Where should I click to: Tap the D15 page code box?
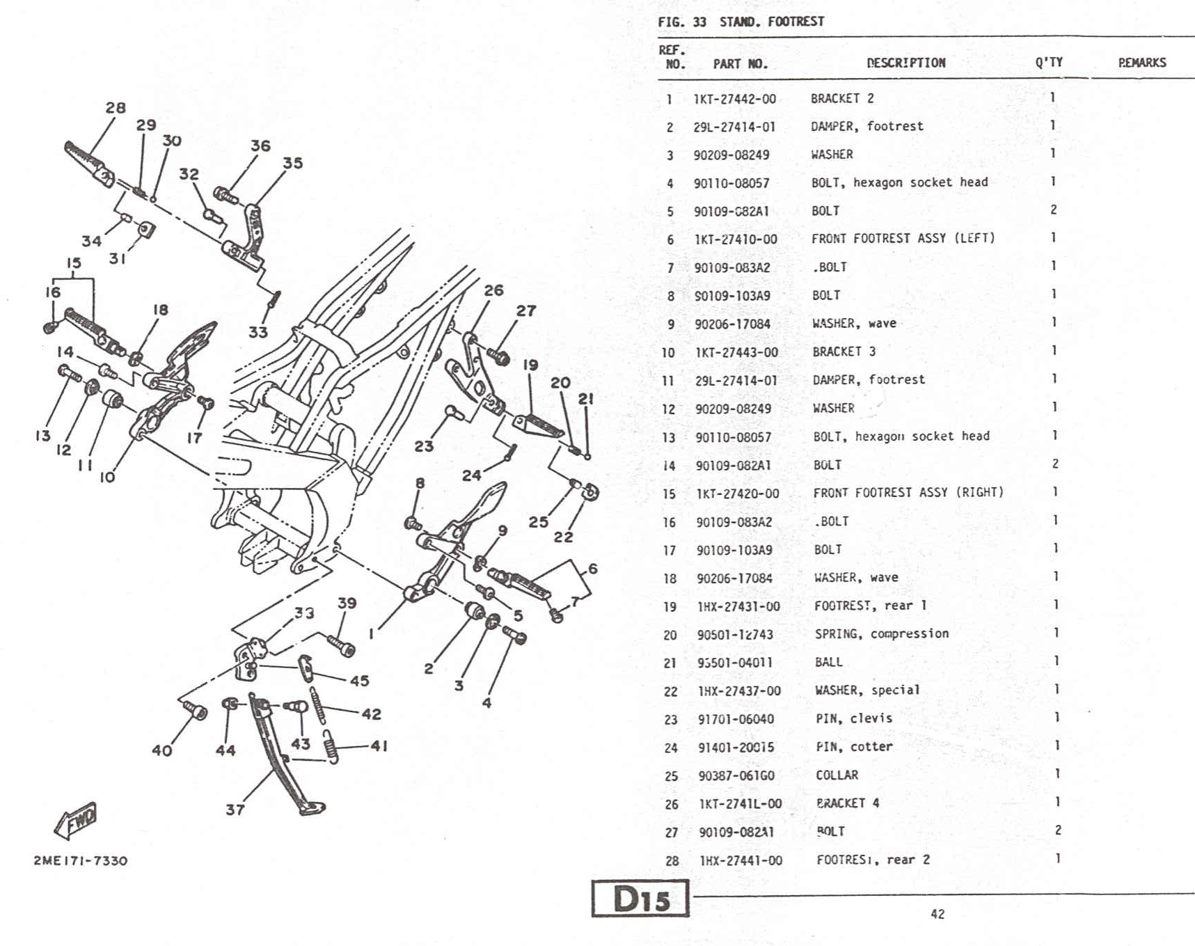(640, 899)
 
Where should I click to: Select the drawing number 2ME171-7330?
(81, 860)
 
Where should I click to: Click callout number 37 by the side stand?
(235, 810)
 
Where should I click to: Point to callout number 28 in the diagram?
(116, 108)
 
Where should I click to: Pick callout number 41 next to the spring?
(379, 746)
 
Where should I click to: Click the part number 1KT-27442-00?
(734, 99)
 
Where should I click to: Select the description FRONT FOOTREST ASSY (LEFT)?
(903, 238)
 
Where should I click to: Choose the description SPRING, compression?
(881, 633)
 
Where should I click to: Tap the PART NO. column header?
(740, 64)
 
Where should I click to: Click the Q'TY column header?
(1048, 62)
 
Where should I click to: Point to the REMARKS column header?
(1141, 63)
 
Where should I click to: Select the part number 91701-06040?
(736, 719)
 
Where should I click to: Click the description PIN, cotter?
(853, 746)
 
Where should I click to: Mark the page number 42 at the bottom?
(937, 914)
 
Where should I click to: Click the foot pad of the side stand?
(311, 809)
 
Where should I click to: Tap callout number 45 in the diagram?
(359, 680)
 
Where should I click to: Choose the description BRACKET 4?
(847, 803)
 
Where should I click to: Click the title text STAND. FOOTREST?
(771, 22)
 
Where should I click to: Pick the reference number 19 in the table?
(670, 606)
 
